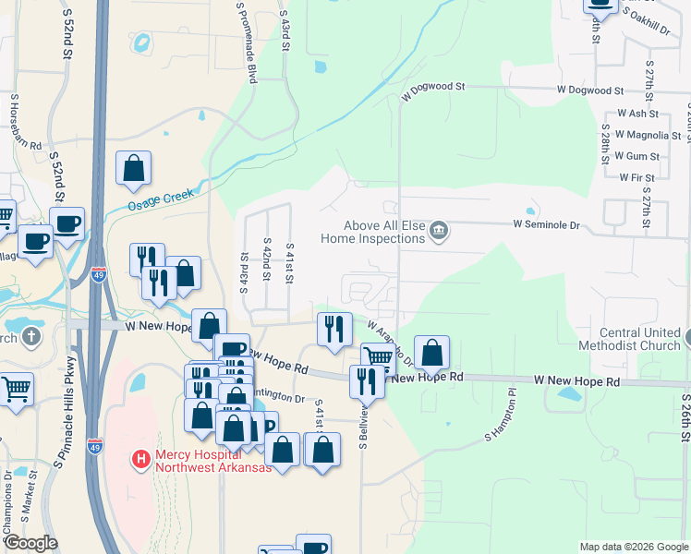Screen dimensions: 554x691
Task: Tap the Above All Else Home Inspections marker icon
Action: (x=440, y=231)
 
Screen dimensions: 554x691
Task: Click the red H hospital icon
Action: (x=140, y=458)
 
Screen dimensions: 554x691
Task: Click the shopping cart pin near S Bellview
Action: (x=378, y=358)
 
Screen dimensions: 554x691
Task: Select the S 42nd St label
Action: (x=266, y=262)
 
